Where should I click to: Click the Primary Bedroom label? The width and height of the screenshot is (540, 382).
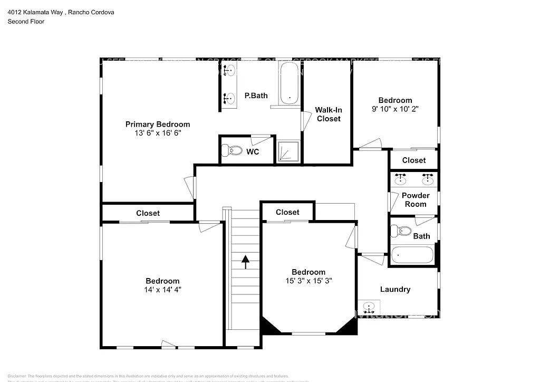click(x=157, y=125)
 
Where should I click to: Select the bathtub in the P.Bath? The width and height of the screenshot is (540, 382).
click(x=289, y=84)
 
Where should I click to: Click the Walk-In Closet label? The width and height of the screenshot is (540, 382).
click(x=328, y=114)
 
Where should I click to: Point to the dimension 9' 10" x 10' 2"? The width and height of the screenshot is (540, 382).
click(x=395, y=109)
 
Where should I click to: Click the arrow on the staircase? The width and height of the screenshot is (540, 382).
click(x=245, y=262)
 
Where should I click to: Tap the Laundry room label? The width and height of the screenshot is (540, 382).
click(x=395, y=289)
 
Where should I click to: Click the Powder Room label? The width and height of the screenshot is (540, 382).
click(x=416, y=199)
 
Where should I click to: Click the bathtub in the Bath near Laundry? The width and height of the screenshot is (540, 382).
click(x=413, y=255)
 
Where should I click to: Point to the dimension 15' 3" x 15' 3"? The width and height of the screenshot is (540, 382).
click(x=308, y=281)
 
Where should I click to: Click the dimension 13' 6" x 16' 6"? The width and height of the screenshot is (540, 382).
click(x=157, y=133)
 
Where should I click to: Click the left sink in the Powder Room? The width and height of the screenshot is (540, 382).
click(x=401, y=179)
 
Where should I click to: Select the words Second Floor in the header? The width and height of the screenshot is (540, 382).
click(x=25, y=22)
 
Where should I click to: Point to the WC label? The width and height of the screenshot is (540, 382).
click(x=252, y=152)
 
